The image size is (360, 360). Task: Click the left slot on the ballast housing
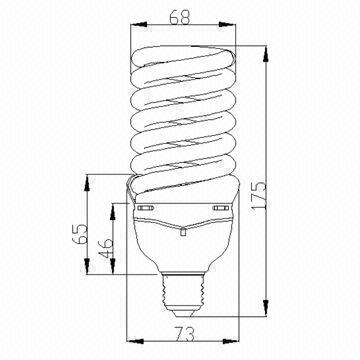pos(149,210)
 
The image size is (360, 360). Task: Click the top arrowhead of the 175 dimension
pos(263,46)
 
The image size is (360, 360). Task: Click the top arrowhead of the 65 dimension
pos(90,178)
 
